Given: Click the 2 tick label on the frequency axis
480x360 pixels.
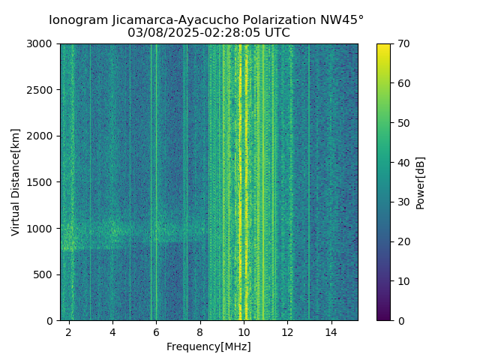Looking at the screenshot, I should [x=69, y=331].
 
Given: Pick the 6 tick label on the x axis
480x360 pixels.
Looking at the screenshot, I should [x=156, y=331].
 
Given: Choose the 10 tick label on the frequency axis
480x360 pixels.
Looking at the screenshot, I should [x=244, y=331].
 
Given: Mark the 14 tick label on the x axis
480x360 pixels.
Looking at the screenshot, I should [x=331, y=331].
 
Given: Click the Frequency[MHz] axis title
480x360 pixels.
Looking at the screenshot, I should [x=208, y=346].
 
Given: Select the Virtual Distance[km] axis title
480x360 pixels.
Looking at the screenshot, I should [x=15, y=182].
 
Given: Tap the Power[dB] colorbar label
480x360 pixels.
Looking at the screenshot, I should [x=421, y=182].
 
